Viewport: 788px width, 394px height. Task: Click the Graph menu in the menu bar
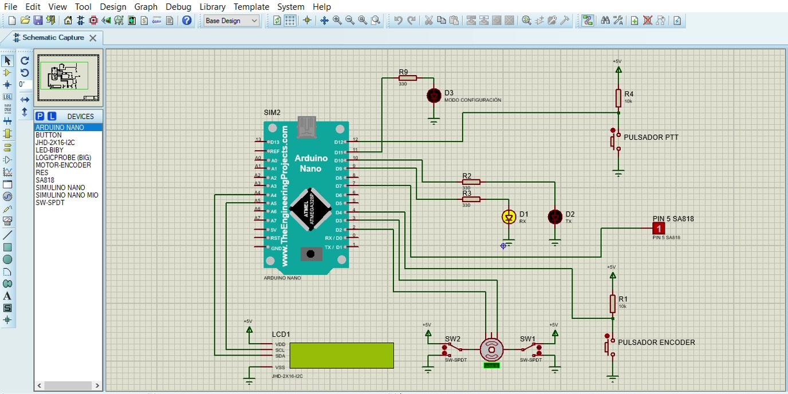click(145, 7)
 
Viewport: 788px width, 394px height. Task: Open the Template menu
click(251, 7)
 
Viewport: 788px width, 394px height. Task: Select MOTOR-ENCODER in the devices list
click(63, 165)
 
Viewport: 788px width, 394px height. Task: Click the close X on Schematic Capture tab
click(93, 38)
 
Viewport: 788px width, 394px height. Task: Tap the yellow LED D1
click(509, 217)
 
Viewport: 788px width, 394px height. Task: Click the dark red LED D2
click(554, 217)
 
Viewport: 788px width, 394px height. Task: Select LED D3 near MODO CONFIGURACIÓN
click(434, 96)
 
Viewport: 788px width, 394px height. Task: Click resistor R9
click(407, 78)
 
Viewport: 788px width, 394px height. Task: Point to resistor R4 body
click(618, 98)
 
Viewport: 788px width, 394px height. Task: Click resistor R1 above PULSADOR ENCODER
click(613, 304)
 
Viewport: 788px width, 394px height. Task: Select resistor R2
click(471, 182)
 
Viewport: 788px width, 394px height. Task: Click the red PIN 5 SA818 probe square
click(659, 228)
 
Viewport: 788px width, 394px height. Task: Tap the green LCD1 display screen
click(341, 355)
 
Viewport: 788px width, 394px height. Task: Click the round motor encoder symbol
click(491, 349)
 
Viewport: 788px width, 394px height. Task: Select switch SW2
click(452, 348)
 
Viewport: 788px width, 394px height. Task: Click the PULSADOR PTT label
click(651, 137)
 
